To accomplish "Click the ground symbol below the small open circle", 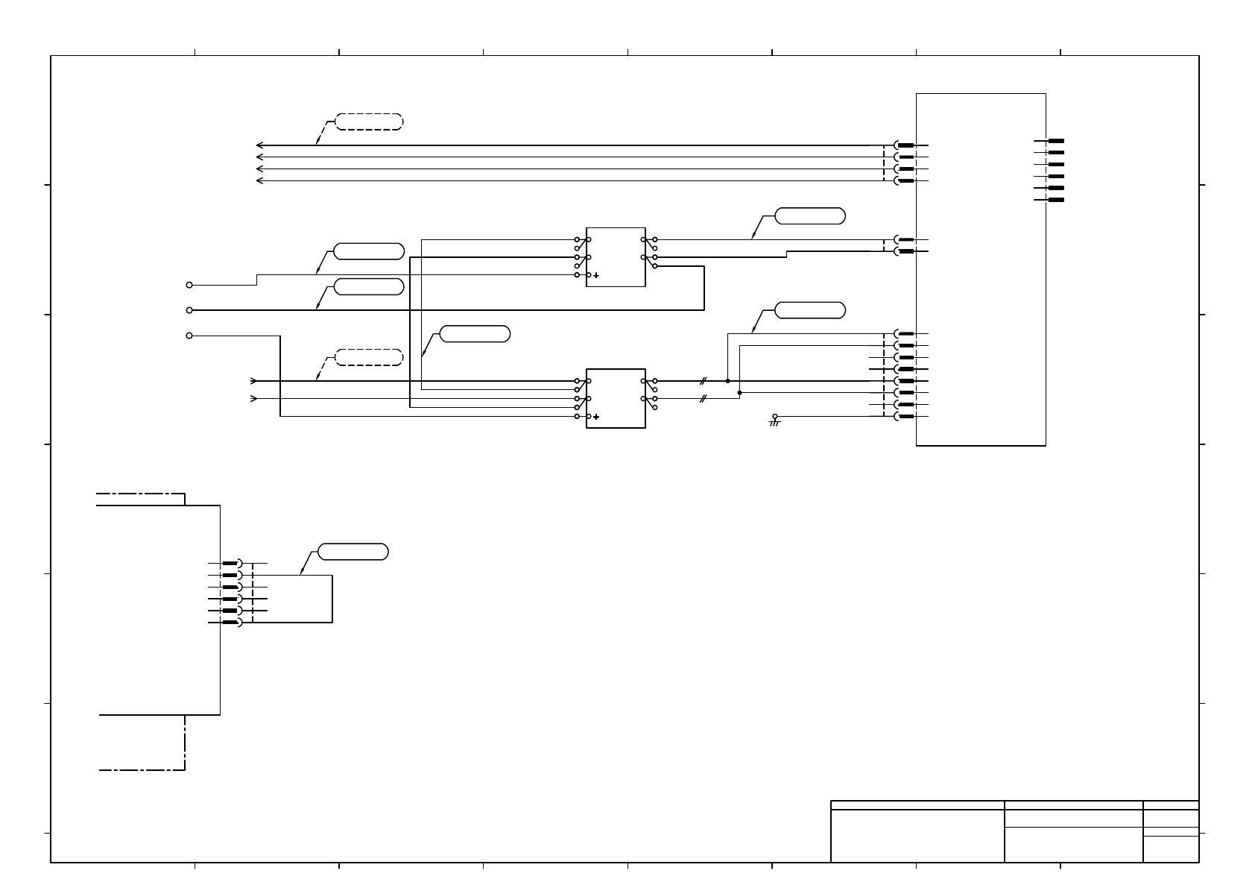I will (774, 423).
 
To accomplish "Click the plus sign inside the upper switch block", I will (596, 275).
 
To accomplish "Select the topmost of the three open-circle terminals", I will (189, 285).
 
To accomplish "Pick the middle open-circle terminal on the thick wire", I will (189, 310).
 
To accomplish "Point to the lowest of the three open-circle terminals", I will (189, 336).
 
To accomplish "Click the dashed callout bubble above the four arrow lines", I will (369, 122).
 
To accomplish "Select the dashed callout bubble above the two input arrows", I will (369, 358).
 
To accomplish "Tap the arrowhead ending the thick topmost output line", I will (259, 145).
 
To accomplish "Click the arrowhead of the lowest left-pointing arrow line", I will (259, 180).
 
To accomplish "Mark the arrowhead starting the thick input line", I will (254, 381).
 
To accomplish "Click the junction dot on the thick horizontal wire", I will (727, 381).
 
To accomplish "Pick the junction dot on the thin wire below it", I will (739, 392).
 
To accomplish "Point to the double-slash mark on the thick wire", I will (703, 381).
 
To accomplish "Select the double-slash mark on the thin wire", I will (703, 399).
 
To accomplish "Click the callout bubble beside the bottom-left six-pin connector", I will (353, 552).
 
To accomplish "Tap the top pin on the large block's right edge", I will (1055, 141).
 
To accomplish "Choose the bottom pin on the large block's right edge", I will (1055, 200).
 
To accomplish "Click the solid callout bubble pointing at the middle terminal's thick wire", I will (369, 286).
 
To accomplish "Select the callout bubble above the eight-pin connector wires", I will (810, 310).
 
